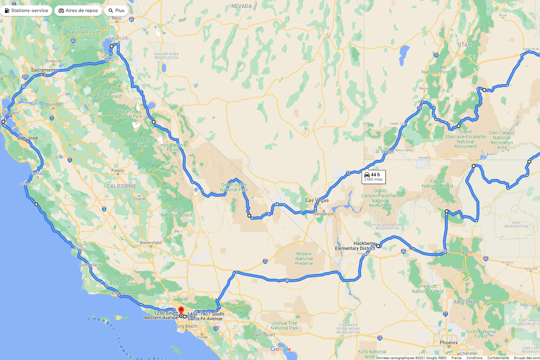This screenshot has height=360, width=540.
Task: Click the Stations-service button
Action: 27,10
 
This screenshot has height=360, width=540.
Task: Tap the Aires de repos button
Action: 78,10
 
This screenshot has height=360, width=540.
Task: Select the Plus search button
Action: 116,10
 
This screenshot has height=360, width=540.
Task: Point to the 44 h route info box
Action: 373,177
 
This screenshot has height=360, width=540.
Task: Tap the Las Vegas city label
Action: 317,200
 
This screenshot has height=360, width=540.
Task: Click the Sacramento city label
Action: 45,70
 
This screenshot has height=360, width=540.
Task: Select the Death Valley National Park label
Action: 234,187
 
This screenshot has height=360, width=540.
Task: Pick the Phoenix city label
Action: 449,342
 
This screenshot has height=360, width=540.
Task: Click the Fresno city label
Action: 118,171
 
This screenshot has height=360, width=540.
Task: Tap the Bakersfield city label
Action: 150,243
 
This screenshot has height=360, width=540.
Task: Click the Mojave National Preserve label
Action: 304,259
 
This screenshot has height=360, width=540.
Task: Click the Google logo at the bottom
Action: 281,349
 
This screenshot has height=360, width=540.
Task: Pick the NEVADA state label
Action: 242,6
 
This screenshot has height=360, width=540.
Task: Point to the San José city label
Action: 27,138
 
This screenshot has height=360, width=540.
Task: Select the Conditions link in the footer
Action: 474,358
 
